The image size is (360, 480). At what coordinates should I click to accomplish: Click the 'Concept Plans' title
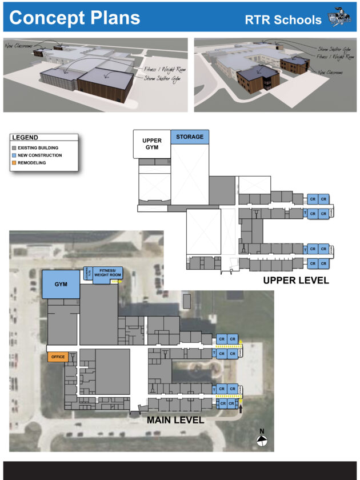(x=75, y=18)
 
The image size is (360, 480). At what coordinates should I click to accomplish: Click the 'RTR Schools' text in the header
(x=283, y=19)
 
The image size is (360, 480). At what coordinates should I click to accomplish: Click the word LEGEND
(x=25, y=138)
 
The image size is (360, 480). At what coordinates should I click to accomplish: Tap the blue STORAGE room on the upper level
(x=190, y=137)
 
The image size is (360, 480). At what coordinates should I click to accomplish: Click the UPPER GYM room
(x=151, y=144)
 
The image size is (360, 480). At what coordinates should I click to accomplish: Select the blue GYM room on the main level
(x=61, y=284)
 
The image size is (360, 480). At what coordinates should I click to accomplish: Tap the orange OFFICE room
(x=58, y=357)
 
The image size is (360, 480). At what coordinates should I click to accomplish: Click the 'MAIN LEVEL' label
(x=175, y=419)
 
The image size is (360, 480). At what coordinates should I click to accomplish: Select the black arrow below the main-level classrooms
(x=241, y=409)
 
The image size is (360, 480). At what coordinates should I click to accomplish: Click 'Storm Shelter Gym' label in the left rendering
(x=163, y=78)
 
